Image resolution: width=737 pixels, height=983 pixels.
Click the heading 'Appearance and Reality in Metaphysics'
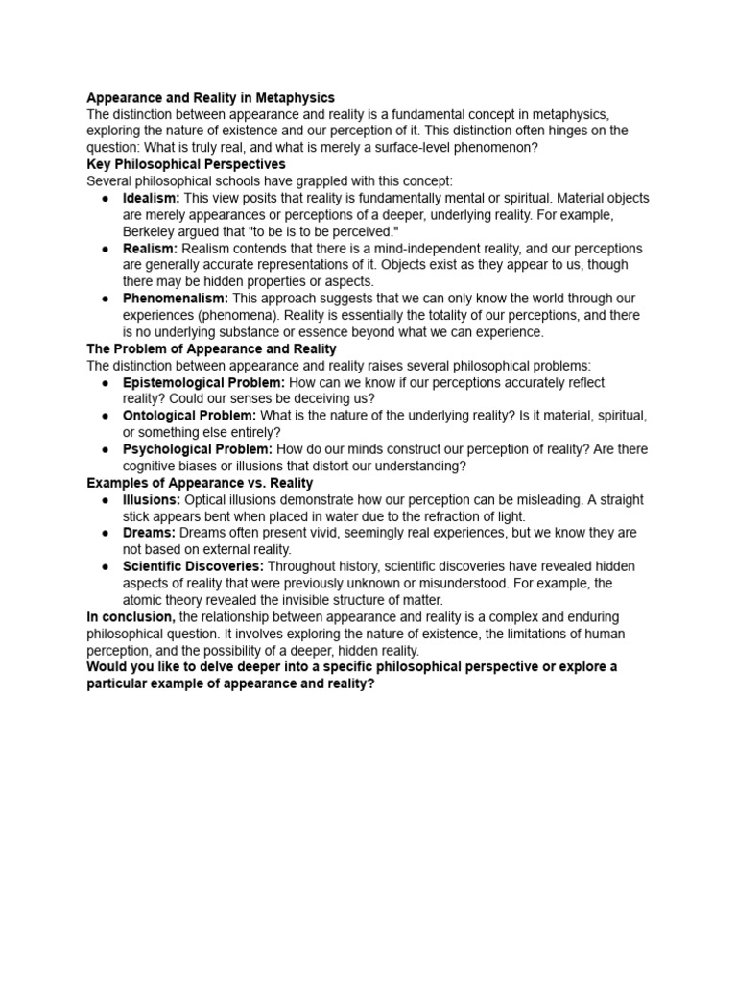point(210,97)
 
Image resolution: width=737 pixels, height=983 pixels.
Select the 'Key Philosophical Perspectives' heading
point(186,164)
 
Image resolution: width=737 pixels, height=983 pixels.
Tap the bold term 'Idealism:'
point(152,198)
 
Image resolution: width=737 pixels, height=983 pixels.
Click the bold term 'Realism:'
point(150,249)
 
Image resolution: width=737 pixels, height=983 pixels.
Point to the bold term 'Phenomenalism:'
point(176,299)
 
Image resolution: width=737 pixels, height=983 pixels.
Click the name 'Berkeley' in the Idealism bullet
point(149,231)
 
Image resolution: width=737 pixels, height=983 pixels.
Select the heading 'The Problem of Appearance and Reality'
point(211,348)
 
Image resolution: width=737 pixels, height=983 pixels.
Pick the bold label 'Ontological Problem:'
point(189,416)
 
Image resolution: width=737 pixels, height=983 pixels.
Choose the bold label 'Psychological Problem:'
point(198,449)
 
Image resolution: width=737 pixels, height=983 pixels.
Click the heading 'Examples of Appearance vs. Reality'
point(200,483)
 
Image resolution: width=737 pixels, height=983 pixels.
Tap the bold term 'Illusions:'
point(152,500)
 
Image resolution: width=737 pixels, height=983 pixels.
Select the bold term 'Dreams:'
point(149,533)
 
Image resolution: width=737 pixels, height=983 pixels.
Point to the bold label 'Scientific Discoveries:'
point(193,566)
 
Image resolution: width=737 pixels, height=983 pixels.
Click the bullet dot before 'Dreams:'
point(105,533)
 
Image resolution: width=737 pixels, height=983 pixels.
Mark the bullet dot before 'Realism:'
point(105,249)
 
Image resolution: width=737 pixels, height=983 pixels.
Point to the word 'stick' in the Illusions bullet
point(140,516)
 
